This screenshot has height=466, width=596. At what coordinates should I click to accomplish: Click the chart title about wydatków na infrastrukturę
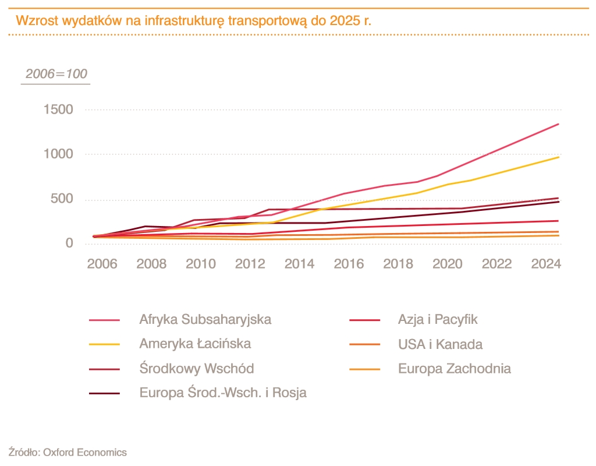coord(193,21)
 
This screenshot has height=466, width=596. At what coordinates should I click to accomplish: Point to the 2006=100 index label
coord(56,74)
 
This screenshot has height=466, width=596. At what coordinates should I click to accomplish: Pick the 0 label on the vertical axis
coord(69,243)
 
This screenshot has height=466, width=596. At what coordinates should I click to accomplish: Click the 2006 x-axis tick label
coord(102,264)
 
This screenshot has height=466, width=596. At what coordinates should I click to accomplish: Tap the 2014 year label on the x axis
coord(299,264)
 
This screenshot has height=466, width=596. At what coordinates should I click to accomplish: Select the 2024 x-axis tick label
coord(546,264)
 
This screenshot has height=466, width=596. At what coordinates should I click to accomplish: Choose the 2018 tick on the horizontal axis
coord(398,264)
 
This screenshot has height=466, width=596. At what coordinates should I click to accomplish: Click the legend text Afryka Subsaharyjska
coord(205,319)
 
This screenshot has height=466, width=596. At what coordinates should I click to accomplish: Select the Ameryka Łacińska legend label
coord(195,344)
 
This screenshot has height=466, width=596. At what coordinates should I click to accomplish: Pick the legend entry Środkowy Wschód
coord(196,369)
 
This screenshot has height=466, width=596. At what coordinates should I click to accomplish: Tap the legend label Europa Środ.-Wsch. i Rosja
coord(223,393)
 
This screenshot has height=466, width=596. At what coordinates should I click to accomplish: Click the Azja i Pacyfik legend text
coord(438,319)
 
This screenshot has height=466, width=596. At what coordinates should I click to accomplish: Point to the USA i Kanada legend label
coord(440,344)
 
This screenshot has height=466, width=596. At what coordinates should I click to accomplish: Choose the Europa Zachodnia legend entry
coord(455,369)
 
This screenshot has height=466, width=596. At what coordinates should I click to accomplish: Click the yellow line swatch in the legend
coord(105,344)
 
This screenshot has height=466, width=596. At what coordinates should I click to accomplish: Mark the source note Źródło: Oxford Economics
coord(68,452)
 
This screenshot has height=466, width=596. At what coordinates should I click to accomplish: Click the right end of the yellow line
coord(559,157)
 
